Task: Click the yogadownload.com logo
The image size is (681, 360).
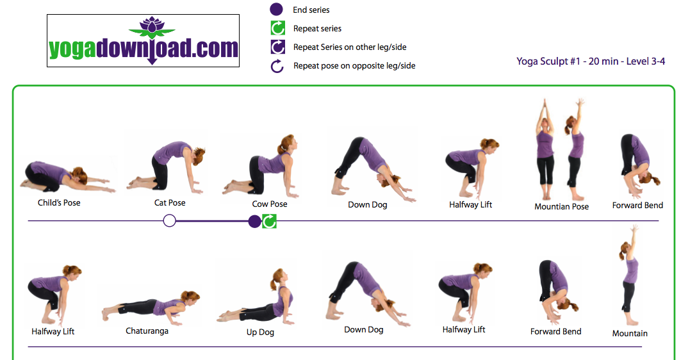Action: pyautogui.click(x=143, y=41)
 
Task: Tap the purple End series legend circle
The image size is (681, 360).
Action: pyautogui.click(x=276, y=9)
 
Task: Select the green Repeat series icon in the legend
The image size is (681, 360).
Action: pyautogui.click(x=278, y=28)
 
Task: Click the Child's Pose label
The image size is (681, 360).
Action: pyautogui.click(x=59, y=203)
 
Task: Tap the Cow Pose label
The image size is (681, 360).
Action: pyautogui.click(x=270, y=204)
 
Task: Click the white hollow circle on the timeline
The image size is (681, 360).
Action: pyautogui.click(x=169, y=221)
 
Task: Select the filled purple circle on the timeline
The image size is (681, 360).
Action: pyautogui.click(x=254, y=222)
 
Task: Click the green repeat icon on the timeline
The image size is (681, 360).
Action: pyautogui.click(x=269, y=222)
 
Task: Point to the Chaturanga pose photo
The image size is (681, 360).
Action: pyautogui.click(x=151, y=307)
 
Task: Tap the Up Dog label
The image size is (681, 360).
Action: pyautogui.click(x=260, y=332)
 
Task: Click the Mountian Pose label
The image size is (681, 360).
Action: pyautogui.click(x=562, y=207)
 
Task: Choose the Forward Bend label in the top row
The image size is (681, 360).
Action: pyautogui.click(x=637, y=206)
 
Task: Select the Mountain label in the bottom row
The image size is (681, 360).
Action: pyautogui.click(x=630, y=334)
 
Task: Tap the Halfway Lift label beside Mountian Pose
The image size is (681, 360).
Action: pyautogui.click(x=470, y=204)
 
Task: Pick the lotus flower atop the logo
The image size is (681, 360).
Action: pyautogui.click(x=152, y=26)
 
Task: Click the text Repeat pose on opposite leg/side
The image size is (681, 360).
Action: pyautogui.click(x=354, y=65)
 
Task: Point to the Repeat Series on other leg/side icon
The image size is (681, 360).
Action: pyautogui.click(x=278, y=47)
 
